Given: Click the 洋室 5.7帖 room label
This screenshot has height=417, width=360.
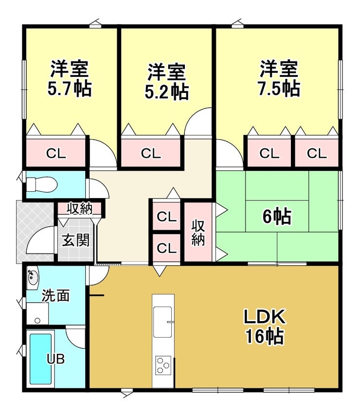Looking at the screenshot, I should point(70,79).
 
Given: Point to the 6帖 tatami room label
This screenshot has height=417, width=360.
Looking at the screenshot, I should point(276,217).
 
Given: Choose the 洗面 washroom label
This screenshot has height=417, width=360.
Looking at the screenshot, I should point(55,295).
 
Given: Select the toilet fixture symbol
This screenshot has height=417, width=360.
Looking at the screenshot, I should point(41,185).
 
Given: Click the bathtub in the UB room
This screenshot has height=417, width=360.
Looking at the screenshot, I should point(40,359).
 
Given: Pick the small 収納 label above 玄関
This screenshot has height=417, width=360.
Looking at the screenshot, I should point(80,209).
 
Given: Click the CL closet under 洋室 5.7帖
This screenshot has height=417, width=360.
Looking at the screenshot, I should point(55,153).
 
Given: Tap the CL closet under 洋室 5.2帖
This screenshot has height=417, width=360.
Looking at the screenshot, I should point(151,153).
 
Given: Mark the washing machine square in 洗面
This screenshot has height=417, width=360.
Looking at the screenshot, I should point(37,312).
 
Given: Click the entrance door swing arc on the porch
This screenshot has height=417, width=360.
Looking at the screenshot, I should point(40,242).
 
